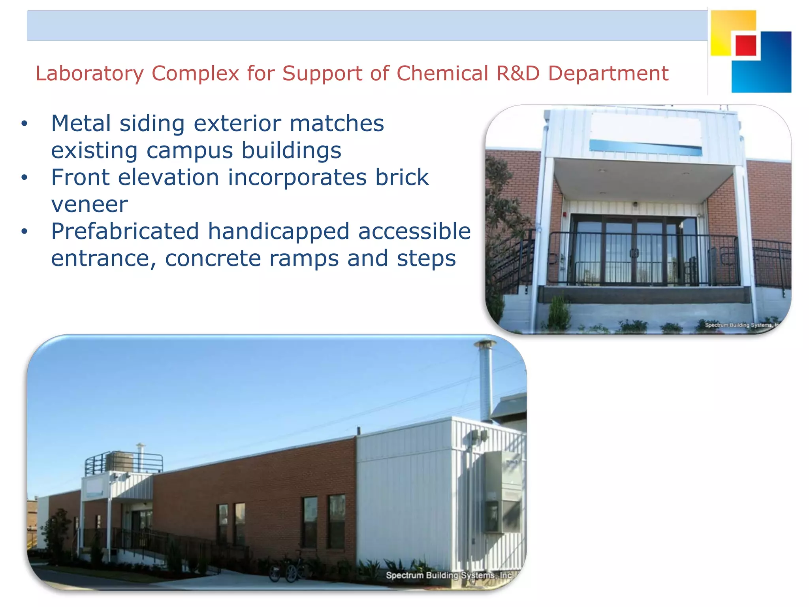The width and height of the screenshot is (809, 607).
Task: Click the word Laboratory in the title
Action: pyautogui.click(x=89, y=74)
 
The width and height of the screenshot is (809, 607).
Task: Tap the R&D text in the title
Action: pyautogui.click(x=518, y=74)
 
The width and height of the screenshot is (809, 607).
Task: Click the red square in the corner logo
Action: pyautogui.click(x=746, y=45)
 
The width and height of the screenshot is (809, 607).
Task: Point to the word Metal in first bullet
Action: pyautogui.click(x=81, y=123)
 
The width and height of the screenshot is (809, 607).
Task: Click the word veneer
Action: pyautogui.click(x=89, y=205)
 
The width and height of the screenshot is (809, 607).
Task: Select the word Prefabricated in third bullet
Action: pyautogui.click(x=125, y=232)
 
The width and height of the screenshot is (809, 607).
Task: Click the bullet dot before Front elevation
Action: pyautogui.click(x=24, y=177)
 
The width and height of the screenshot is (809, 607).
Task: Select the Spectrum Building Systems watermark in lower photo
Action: pyautogui.click(x=449, y=575)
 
